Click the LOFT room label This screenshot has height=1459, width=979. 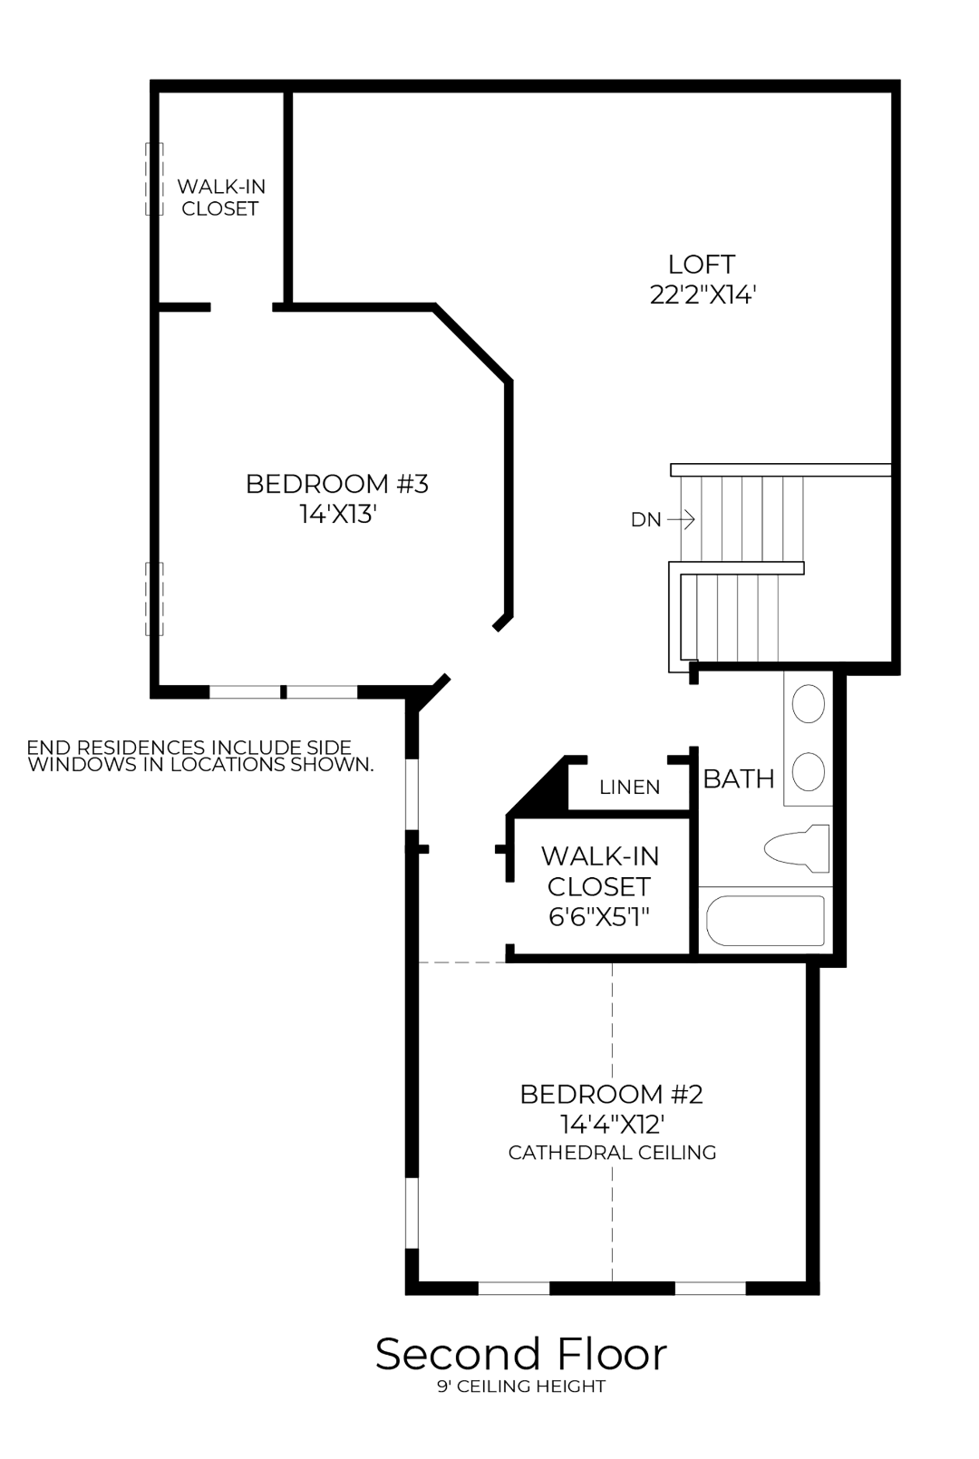click(701, 264)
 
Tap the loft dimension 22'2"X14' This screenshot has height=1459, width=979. click(703, 295)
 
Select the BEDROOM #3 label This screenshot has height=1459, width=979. click(336, 484)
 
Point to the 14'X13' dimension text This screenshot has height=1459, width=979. click(337, 514)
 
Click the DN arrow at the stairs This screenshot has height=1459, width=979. click(681, 520)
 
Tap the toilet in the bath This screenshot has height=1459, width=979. click(798, 848)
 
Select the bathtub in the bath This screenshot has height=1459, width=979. click(766, 921)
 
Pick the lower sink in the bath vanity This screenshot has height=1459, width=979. click(808, 772)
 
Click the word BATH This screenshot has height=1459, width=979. click(739, 778)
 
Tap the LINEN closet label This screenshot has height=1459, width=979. click(629, 787)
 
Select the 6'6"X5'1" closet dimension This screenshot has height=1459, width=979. click(599, 916)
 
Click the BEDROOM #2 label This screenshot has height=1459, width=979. click(611, 1094)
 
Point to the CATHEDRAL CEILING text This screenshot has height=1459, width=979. click(612, 1153)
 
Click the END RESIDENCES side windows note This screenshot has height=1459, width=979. click(199, 756)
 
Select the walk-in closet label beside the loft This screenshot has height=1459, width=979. click(221, 197)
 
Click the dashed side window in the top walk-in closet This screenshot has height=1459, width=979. click(154, 179)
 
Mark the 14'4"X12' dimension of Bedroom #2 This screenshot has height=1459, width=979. click(612, 1124)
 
